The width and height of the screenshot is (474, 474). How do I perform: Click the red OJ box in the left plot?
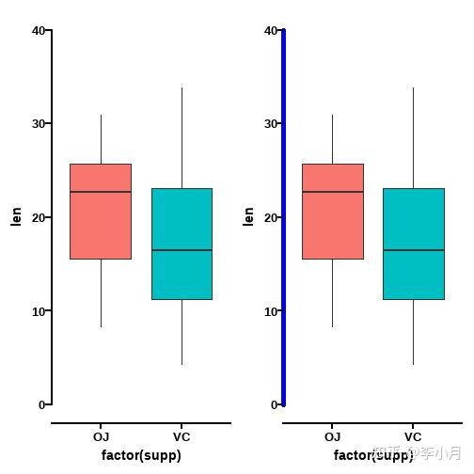(x=101, y=212)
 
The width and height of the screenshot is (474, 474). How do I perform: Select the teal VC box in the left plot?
(x=182, y=244)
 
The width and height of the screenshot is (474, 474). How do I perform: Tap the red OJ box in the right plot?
(x=332, y=212)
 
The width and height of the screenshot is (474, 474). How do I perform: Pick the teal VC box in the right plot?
(x=413, y=244)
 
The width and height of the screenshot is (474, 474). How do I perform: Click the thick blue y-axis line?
(x=283, y=216)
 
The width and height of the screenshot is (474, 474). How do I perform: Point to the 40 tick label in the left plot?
(x=38, y=31)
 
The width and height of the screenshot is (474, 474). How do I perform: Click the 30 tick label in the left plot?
(x=38, y=123)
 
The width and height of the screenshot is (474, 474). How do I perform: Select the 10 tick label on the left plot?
(x=38, y=311)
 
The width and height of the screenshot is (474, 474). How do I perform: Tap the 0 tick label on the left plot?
(x=41, y=405)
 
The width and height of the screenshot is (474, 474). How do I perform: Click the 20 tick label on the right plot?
(x=270, y=217)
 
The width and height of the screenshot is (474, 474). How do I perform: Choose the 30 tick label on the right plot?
(x=270, y=123)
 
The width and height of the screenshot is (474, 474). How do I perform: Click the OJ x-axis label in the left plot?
(x=101, y=437)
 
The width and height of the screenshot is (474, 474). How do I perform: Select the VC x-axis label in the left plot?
(x=182, y=437)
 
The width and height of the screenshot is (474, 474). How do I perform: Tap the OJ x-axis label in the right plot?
(x=332, y=437)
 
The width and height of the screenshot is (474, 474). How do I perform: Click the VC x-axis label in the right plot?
(x=413, y=437)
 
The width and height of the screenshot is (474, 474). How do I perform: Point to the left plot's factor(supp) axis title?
(x=141, y=455)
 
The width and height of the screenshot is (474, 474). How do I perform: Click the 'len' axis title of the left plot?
(x=16, y=216)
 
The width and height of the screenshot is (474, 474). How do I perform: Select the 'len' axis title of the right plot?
(x=248, y=216)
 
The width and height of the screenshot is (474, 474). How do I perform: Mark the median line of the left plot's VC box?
(x=182, y=250)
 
